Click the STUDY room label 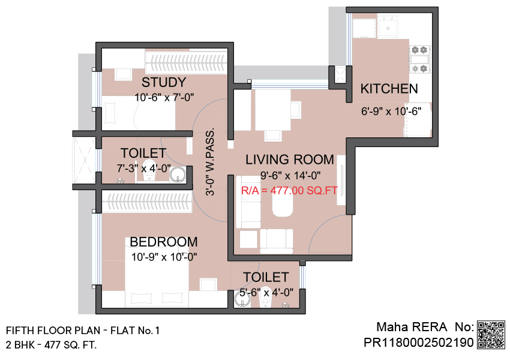point(164,82)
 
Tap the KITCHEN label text point(389,89)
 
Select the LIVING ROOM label point(289,160)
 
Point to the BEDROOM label point(164,242)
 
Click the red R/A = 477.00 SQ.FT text point(289,190)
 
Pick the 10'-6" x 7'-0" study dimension point(164,97)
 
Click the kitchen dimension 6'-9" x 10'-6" point(391,112)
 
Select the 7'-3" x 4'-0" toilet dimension point(144,169)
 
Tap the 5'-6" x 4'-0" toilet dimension point(266,293)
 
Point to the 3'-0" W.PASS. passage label point(211,161)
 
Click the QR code point(491,335)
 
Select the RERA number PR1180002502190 point(419,343)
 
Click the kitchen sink point(388,26)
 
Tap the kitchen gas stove point(419,59)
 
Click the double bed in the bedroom point(157,272)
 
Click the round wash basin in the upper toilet point(178,175)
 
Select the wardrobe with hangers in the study point(186,61)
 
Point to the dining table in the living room point(273,110)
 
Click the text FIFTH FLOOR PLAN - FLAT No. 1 point(83,331)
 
